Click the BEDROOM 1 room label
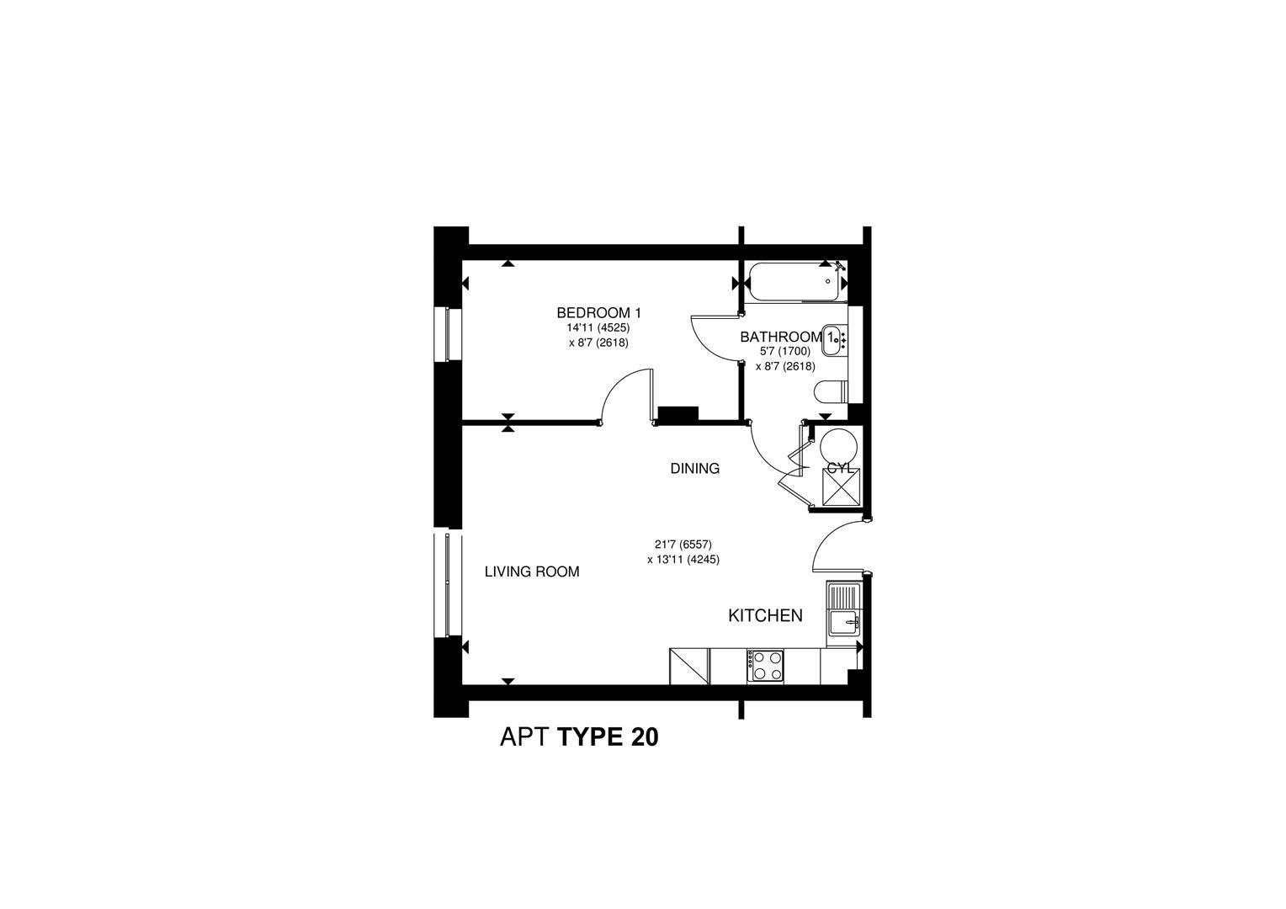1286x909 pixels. pos(598,313)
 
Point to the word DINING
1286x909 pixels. pos(694,469)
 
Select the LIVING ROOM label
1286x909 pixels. pos(532,571)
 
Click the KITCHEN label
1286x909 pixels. pos(765,615)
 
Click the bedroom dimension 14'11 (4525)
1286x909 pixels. pos(598,328)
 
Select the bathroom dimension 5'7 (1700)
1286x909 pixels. pos(784,352)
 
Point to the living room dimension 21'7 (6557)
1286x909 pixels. pos(683,545)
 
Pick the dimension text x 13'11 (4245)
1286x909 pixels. pos(683,560)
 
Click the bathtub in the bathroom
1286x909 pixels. pos(795,282)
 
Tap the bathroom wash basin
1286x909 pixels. pos(834,340)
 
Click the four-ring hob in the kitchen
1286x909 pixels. pos(765,666)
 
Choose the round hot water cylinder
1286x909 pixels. pos(840,446)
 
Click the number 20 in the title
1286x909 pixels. pos(645,737)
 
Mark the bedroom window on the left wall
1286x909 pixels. pos(448,333)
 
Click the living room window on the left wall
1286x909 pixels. pos(448,585)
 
